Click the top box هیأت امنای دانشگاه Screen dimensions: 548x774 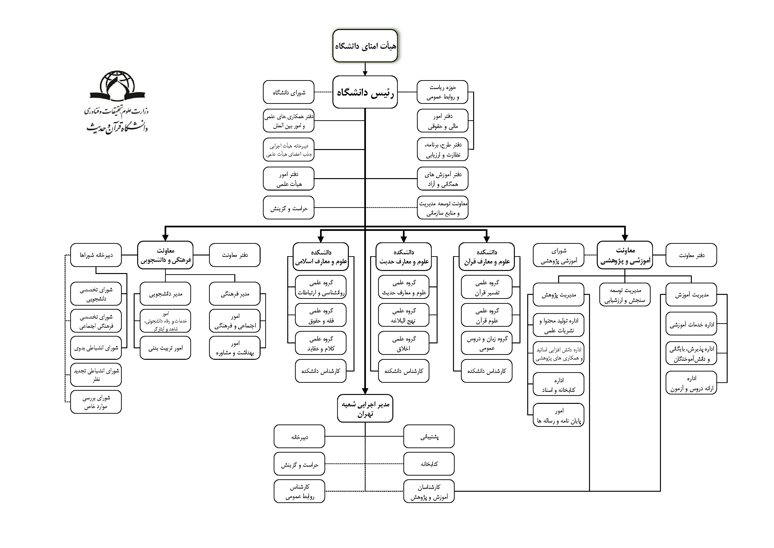coord(365,46)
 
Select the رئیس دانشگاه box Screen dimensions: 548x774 coord(365,92)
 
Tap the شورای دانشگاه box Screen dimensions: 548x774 coord(289,92)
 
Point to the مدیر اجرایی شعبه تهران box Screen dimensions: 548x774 coord(365,409)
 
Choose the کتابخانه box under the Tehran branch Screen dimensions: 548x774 coord(429,464)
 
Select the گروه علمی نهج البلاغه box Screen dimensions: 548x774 coord(404,315)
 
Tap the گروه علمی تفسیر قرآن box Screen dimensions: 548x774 coord(487,287)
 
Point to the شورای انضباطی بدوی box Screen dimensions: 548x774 coord(96,348)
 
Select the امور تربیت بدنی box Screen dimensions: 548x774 coord(165,348)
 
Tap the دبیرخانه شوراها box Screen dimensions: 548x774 coord(96,255)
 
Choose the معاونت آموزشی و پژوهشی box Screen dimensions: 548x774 coord(625,255)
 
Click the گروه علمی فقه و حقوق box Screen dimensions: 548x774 coord(321,315)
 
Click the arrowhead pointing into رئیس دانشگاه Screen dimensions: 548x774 coord(365,73)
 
